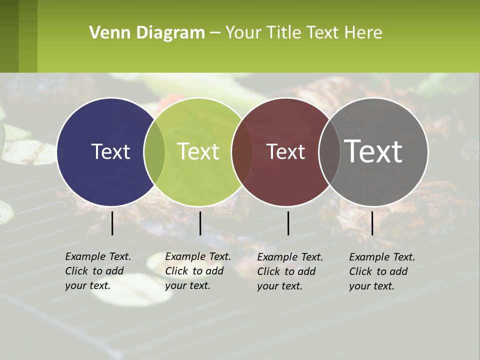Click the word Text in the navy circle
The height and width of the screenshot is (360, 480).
tap(110, 151)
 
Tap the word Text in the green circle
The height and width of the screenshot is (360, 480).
tap(198, 151)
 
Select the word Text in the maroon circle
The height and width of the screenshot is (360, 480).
tap(286, 152)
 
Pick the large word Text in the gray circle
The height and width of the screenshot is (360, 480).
tap(373, 151)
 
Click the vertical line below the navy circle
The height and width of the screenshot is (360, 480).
tap(112, 223)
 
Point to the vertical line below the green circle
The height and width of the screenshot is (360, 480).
tap(200, 223)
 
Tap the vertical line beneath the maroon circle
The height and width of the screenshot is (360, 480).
tap(288, 223)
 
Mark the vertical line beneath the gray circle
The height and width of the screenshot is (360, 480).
tap(372, 223)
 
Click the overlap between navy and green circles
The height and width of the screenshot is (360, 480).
tap(154, 152)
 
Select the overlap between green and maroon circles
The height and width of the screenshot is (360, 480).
tap(242, 152)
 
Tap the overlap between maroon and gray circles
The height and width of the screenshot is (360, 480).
tap(329, 152)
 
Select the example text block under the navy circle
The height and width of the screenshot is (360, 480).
tap(98, 271)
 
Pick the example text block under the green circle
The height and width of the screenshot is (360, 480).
tap(198, 271)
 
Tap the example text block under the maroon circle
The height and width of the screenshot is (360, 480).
tap(290, 271)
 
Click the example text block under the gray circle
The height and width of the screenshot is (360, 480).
tap(382, 271)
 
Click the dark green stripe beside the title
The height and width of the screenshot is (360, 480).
tap(9, 36)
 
